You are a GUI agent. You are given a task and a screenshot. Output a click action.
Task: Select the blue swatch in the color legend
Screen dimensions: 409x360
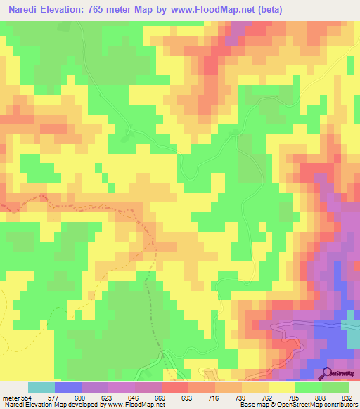click(67, 387)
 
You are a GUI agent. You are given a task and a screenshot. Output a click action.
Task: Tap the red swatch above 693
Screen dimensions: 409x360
click(174, 387)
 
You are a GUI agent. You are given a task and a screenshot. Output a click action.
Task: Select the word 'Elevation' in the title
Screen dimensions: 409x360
click(76, 11)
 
